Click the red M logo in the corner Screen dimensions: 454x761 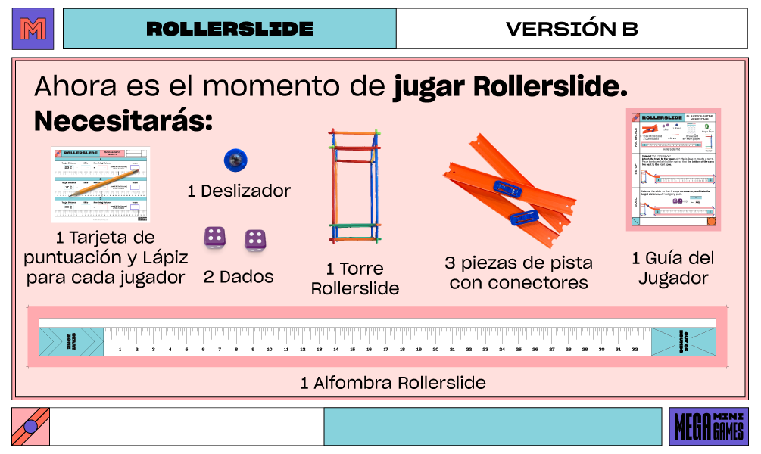click(x=33, y=29)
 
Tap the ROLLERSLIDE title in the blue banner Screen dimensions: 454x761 click(x=229, y=29)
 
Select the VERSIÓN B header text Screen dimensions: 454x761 click(x=572, y=29)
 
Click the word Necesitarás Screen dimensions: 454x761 click(x=123, y=120)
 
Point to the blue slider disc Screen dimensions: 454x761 click(x=235, y=160)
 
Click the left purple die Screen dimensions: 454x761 click(x=214, y=238)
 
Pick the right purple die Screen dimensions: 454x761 click(x=254, y=240)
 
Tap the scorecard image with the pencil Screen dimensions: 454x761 click(x=100, y=184)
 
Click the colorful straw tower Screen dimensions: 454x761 click(x=354, y=186)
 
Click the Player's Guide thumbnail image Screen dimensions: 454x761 click(x=673, y=169)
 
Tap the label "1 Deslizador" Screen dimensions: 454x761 click(x=239, y=191)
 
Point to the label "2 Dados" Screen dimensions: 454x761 click(x=239, y=277)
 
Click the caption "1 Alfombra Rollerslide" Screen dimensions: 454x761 click(x=393, y=383)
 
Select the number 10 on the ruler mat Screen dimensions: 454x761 click(x=270, y=350)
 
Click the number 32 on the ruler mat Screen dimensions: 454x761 click(x=635, y=350)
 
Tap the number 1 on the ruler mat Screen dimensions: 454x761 click(x=120, y=350)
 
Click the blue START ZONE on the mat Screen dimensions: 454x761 click(x=71, y=340)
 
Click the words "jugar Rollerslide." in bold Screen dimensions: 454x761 click(x=510, y=86)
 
